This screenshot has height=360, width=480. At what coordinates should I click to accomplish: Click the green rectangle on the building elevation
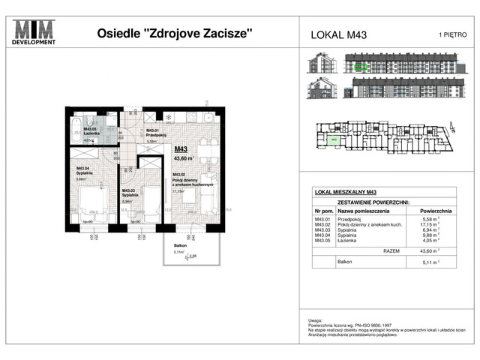(x=361, y=67)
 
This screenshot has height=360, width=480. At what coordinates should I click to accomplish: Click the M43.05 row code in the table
(x=324, y=241)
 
